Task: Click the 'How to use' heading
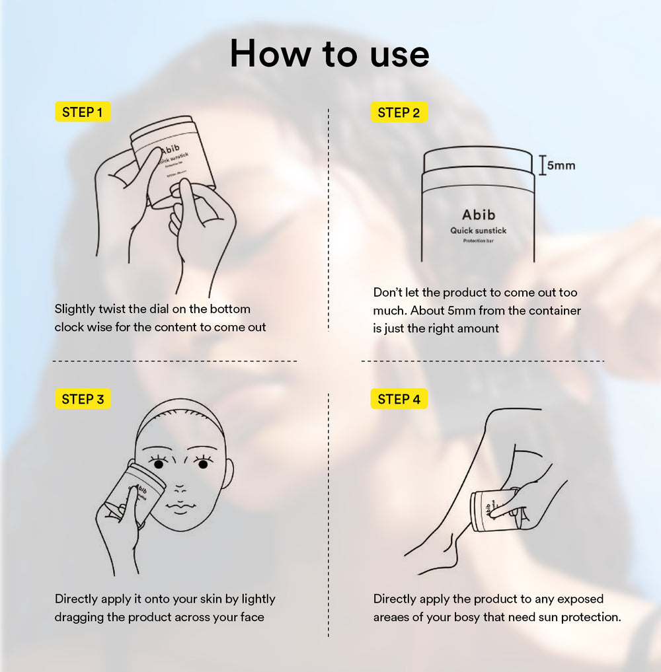click(x=329, y=54)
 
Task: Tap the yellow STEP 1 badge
click(x=82, y=112)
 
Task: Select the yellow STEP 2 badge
click(x=399, y=113)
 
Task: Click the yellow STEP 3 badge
click(x=83, y=399)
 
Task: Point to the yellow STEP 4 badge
click(x=399, y=399)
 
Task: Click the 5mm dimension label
click(x=561, y=165)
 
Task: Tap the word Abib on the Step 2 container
click(x=479, y=215)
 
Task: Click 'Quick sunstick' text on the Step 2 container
click(x=479, y=231)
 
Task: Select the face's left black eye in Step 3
click(x=159, y=465)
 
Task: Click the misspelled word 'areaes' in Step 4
click(x=393, y=617)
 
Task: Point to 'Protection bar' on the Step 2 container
click(x=479, y=241)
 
